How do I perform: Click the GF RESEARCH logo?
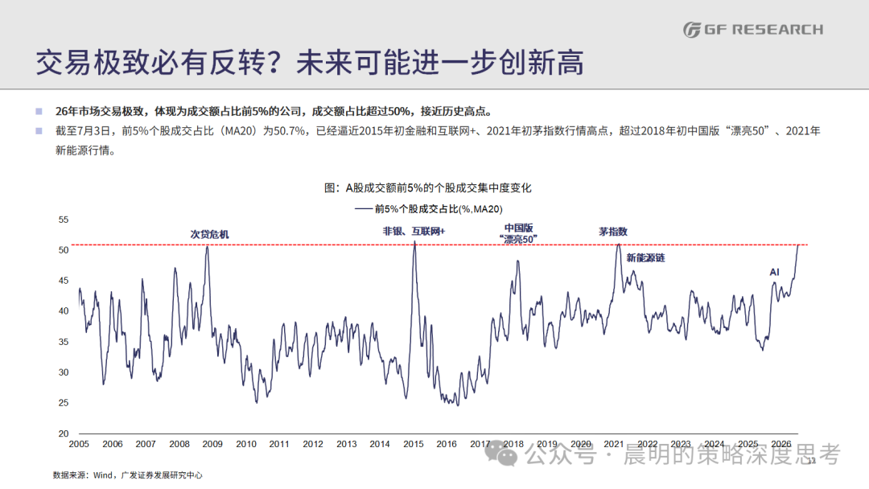(753, 29)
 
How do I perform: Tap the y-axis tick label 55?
(64, 220)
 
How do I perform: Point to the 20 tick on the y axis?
(64, 434)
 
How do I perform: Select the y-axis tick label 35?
(64, 343)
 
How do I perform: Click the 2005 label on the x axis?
(79, 444)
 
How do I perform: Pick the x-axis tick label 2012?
(312, 444)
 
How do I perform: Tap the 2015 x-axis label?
(413, 444)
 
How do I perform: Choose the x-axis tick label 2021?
(613, 444)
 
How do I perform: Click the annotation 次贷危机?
(209, 234)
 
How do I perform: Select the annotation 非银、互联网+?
(414, 231)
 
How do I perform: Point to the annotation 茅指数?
(613, 232)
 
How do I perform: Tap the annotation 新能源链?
(645, 257)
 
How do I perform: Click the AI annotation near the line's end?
(774, 272)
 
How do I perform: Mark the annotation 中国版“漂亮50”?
(518, 234)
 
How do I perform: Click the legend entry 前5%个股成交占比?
(428, 209)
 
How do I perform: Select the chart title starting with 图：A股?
(428, 187)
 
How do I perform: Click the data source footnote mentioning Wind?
(127, 475)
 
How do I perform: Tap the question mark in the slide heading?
(281, 62)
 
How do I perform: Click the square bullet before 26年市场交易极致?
(39, 111)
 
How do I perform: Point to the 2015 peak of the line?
(415, 242)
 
